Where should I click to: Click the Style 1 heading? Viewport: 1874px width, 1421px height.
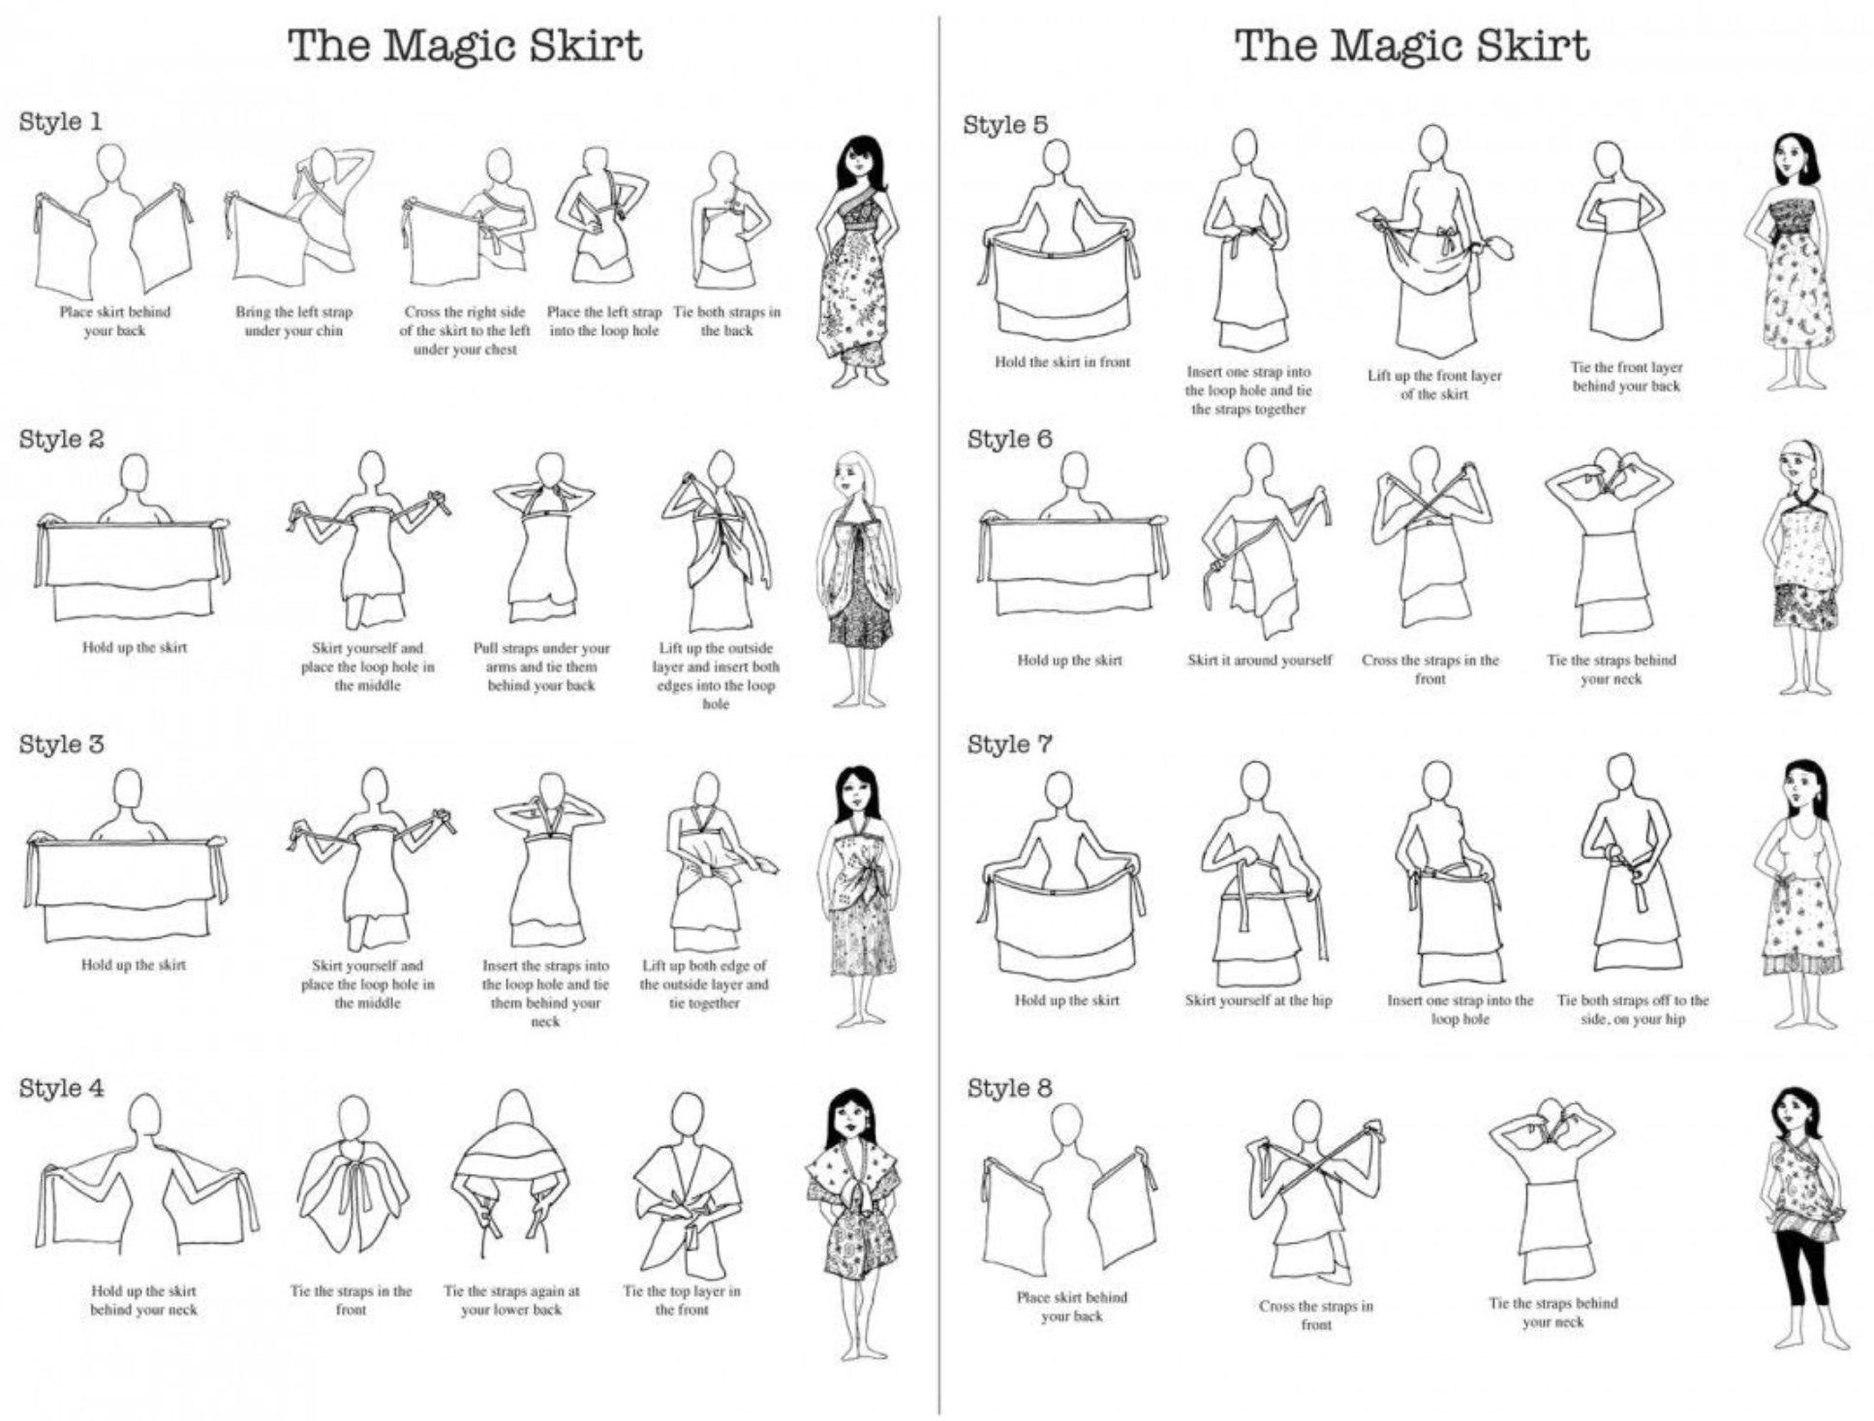click(x=60, y=122)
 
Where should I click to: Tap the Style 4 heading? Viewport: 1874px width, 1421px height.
click(x=61, y=1088)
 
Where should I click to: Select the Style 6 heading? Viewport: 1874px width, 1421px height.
click(x=1009, y=439)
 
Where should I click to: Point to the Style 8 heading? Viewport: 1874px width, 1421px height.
click(x=1009, y=1088)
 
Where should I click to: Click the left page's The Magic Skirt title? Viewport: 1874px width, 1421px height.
click(x=465, y=46)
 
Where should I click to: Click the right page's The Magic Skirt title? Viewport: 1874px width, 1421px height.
click(x=1412, y=46)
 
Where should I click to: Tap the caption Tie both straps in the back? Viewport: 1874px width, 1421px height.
click(x=726, y=321)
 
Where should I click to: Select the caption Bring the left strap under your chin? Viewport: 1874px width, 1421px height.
click(x=293, y=321)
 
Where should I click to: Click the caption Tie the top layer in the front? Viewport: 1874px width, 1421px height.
click(x=682, y=1300)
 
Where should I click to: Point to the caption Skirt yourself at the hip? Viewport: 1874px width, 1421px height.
click(x=1258, y=1000)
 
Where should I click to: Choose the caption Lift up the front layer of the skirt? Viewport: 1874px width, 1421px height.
click(x=1434, y=385)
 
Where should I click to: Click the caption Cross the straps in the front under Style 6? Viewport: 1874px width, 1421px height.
click(x=1430, y=669)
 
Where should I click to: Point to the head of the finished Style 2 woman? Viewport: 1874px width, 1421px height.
click(x=852, y=477)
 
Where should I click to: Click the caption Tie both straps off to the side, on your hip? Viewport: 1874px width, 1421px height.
click(x=1633, y=1009)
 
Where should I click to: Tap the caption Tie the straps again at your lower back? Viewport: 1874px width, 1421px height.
click(x=511, y=1300)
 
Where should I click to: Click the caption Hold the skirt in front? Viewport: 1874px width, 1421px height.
click(x=1062, y=361)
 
